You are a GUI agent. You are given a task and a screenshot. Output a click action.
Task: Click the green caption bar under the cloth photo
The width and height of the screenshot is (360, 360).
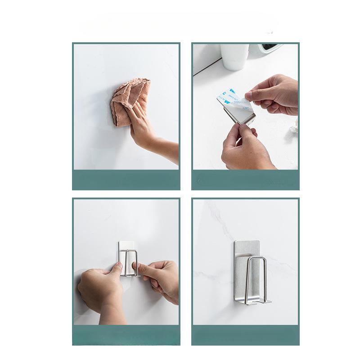(x=126, y=180)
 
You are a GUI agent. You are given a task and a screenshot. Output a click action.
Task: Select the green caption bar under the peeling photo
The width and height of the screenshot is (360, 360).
(x=245, y=180)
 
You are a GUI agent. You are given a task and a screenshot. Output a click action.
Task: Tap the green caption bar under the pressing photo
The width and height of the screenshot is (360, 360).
(x=126, y=335)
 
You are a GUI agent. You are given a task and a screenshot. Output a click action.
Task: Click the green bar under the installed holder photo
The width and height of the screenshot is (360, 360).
(x=245, y=335)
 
